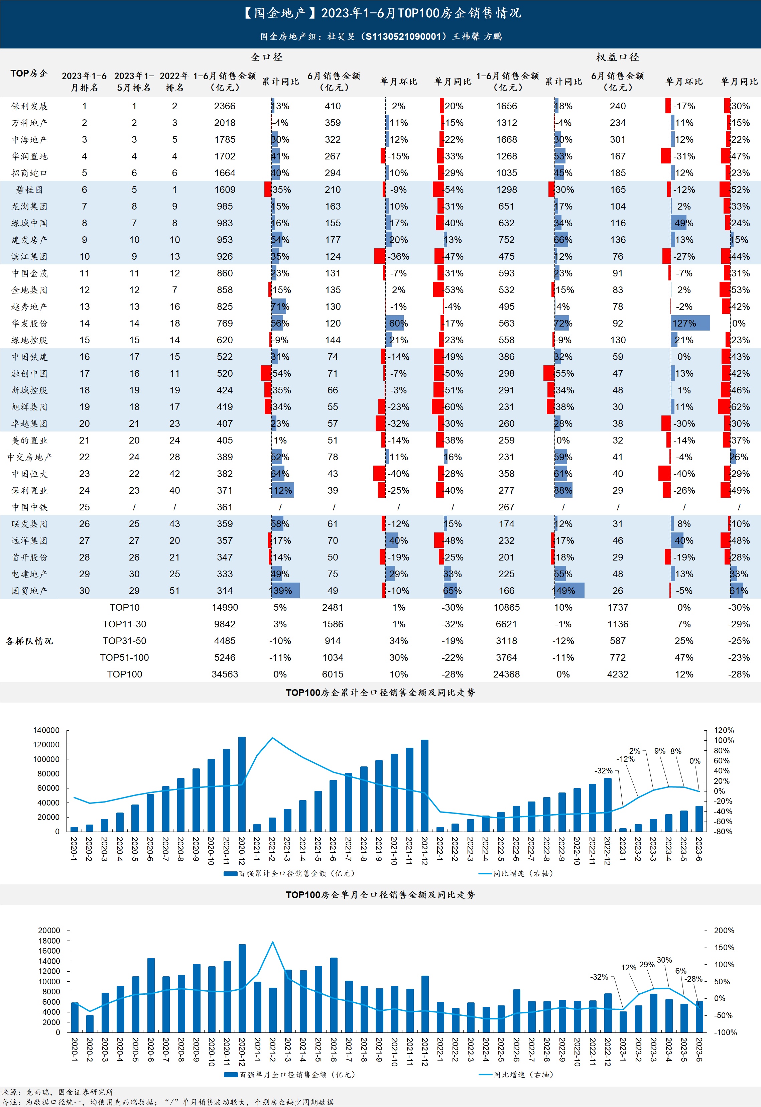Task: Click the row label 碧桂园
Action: click(x=29, y=190)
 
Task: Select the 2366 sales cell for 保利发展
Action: click(x=225, y=106)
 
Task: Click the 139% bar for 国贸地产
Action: click(x=285, y=591)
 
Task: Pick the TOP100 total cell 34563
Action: click(x=225, y=674)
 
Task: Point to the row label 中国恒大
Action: click(x=29, y=474)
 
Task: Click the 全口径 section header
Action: click(x=267, y=57)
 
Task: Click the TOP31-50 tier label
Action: click(x=124, y=641)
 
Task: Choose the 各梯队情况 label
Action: click(x=29, y=641)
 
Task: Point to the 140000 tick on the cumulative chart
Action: click(x=46, y=730)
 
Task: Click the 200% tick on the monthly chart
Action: click(x=724, y=931)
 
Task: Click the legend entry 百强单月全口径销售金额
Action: click(x=289, y=1075)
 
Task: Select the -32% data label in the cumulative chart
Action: click(x=603, y=770)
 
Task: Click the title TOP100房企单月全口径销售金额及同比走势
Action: click(x=380, y=895)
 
